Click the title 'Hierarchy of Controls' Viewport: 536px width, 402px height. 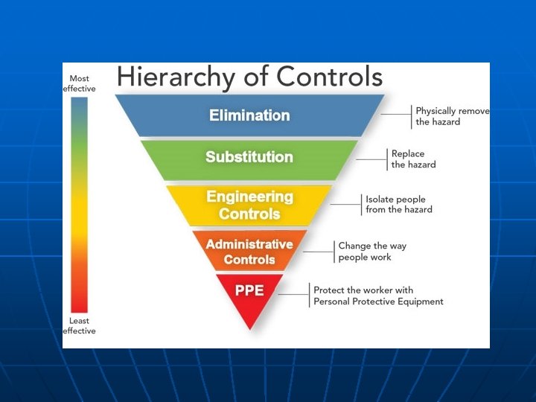(249, 77)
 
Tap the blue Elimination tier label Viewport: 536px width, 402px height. (249, 115)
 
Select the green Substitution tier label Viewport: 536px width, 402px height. (249, 157)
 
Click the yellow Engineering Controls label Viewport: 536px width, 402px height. (249, 205)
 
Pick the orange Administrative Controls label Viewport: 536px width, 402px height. (249, 252)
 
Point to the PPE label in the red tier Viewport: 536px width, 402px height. (249, 290)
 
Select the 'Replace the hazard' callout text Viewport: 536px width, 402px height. (414, 159)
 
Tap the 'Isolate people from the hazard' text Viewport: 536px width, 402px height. (399, 205)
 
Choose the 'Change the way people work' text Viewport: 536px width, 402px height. (372, 251)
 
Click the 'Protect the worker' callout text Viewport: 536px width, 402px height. (378, 296)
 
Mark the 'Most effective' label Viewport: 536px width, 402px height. (79, 83)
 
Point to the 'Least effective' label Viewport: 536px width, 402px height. (79, 326)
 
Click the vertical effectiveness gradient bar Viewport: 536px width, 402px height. (79, 205)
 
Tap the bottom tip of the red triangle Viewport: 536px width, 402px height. (250, 328)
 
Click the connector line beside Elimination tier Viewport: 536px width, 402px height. (396, 115)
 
